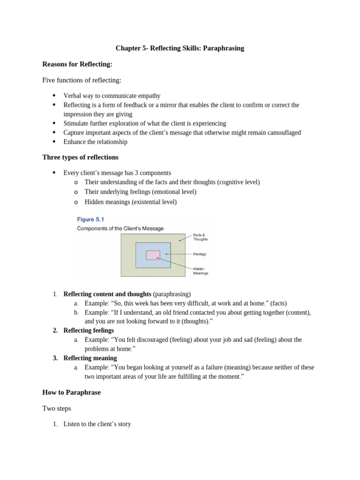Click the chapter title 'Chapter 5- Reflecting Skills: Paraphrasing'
tap(180, 48)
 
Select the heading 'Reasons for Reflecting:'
tap(77, 64)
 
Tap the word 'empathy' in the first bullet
tap(148, 96)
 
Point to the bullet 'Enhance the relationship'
tap(95, 142)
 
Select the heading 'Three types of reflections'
tap(80, 157)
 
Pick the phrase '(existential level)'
tap(154, 202)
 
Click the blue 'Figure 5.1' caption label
tap(91, 219)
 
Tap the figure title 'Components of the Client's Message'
tap(120, 229)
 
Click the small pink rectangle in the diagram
tap(153, 255)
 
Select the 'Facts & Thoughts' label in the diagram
tap(200, 237)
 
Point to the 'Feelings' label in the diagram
tap(200, 255)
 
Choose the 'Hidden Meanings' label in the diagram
tap(201, 271)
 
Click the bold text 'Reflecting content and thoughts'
tap(107, 294)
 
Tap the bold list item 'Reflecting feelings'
tap(89, 330)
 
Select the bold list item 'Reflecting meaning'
tap(90, 358)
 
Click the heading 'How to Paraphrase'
tap(71, 392)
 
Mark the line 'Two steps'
tap(56, 408)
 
